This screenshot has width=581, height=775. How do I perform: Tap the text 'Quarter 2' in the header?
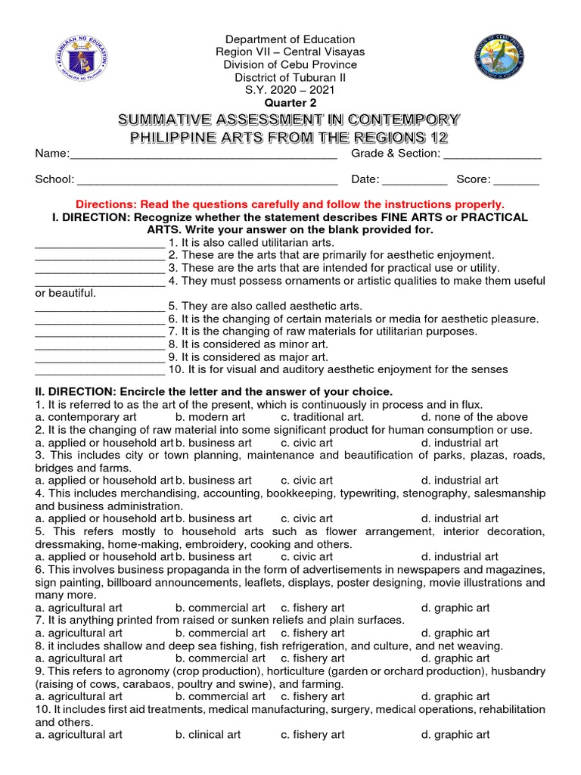click(x=290, y=103)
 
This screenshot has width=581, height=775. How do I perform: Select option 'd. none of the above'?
click(x=474, y=417)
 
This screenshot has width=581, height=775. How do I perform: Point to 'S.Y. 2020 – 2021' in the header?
click(x=290, y=90)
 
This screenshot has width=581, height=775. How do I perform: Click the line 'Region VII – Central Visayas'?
click(x=290, y=52)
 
